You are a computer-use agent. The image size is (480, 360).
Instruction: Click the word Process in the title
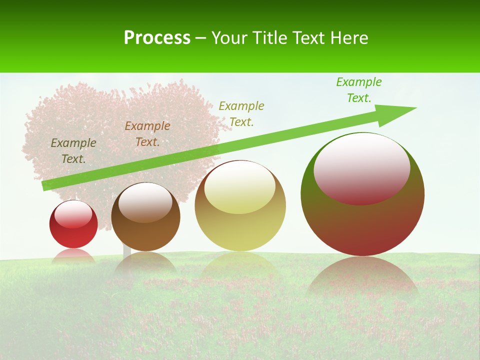pos(157,38)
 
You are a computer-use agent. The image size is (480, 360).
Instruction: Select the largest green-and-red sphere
pos(362,225)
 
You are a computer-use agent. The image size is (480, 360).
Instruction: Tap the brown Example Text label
pos(147,134)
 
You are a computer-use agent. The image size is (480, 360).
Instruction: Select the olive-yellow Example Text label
pos(241,114)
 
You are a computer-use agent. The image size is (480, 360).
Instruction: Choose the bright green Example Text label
pos(359,90)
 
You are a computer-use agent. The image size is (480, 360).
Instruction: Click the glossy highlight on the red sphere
pos(73,214)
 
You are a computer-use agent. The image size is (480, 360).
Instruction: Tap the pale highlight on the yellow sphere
pos(239,186)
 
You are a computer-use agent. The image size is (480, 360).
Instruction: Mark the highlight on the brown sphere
pos(145,201)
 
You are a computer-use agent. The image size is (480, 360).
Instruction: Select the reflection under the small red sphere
pos(73,255)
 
